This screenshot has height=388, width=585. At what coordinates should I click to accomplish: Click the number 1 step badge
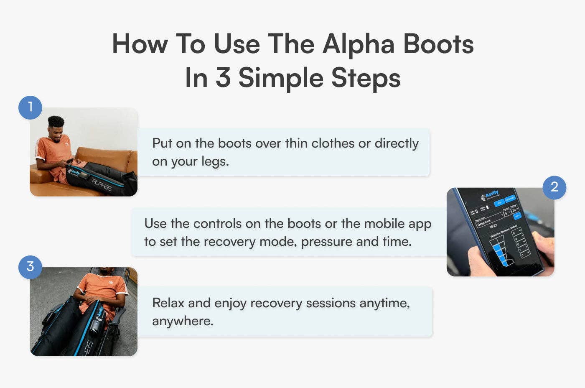pyautogui.click(x=30, y=107)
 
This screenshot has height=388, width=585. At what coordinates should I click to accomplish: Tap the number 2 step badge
pyautogui.click(x=554, y=187)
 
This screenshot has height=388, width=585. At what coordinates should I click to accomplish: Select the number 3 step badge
pyautogui.click(x=30, y=267)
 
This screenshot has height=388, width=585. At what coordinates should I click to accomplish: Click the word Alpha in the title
pyautogui.click(x=358, y=44)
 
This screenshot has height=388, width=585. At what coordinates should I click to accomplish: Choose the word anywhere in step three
pyautogui.click(x=182, y=321)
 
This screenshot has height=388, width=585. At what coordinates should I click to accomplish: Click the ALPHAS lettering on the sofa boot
pyautogui.click(x=102, y=185)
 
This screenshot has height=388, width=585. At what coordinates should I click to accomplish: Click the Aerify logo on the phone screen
pyautogui.click(x=490, y=195)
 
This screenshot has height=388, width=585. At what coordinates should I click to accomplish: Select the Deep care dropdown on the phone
pyautogui.click(x=489, y=219)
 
